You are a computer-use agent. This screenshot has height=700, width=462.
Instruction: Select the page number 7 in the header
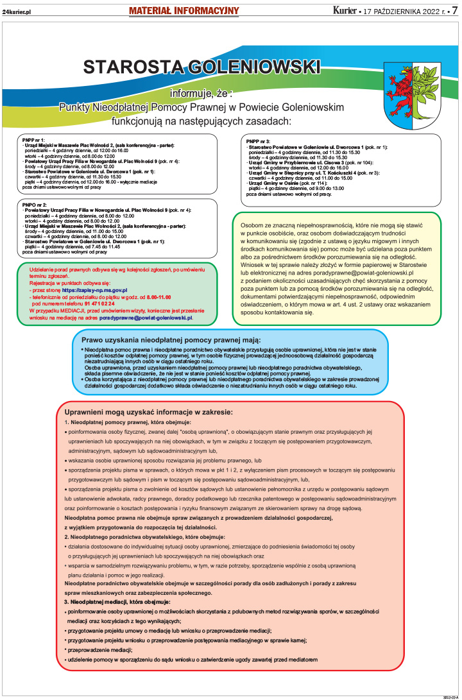pyautogui.click(x=454, y=11)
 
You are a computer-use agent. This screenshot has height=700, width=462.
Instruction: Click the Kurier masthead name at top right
pyautogui.click(x=346, y=11)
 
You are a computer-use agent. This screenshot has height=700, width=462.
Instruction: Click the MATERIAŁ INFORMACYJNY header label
pyautogui.click(x=184, y=11)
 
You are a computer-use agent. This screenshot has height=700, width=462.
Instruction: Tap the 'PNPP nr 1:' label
pyautogui.click(x=33, y=139)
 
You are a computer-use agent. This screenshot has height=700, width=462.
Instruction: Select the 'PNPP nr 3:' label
pyautogui.click(x=258, y=141)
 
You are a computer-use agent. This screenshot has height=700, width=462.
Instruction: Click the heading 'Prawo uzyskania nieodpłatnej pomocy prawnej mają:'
pyautogui.click(x=171, y=339)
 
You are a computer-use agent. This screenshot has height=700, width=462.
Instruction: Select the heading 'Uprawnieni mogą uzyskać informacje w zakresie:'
pyautogui.click(x=148, y=412)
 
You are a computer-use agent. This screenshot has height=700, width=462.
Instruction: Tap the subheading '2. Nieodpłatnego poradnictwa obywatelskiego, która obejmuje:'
pyautogui.click(x=144, y=536)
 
